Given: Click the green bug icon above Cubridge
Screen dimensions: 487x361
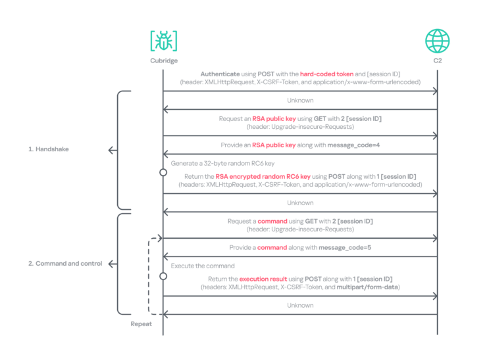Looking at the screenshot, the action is pos(164,41).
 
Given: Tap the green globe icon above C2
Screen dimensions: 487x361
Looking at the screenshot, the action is pos(437,41).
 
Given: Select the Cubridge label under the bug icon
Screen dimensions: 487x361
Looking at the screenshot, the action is pos(164,60).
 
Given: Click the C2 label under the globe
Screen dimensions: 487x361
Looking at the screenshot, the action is pos(438,60).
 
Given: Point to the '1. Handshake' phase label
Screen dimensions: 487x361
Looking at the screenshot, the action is pos(49,149).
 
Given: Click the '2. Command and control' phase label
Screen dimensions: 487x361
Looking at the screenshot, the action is pos(65,264).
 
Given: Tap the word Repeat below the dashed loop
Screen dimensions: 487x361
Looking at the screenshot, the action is pos(141,324).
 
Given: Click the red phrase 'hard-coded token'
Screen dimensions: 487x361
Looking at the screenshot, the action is pos(326,74).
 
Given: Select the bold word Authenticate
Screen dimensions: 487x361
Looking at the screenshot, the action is pos(220,74).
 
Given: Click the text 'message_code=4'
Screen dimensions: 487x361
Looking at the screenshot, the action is pos(353,145).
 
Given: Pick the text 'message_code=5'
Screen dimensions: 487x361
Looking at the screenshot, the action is pos(345,248).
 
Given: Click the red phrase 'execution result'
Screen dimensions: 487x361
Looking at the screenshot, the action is pos(263,279).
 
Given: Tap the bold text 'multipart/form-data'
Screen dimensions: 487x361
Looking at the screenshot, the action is pos(367,287).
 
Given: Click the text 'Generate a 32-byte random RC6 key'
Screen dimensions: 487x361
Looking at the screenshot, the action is pos(222,164).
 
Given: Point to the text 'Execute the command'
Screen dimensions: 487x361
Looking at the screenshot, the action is pos(203,266).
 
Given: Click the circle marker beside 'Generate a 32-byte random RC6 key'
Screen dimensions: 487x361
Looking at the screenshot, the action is pos(163,172).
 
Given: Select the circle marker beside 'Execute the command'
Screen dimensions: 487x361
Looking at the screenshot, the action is pos(163,276).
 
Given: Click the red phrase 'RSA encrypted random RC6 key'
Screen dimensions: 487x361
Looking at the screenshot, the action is pos(263,177).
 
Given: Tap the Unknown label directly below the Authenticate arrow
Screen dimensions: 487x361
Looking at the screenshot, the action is pos(300,101).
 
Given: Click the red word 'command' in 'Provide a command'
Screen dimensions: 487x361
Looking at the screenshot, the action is pos(272,248).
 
